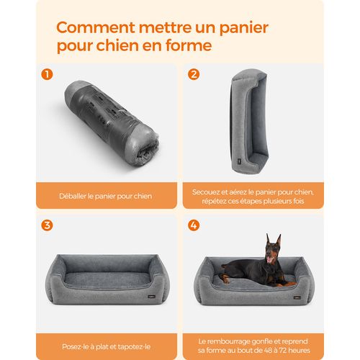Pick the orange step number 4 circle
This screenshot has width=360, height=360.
pyautogui.click(x=193, y=225)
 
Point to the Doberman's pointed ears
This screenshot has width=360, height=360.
pyautogui.click(x=273, y=240)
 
